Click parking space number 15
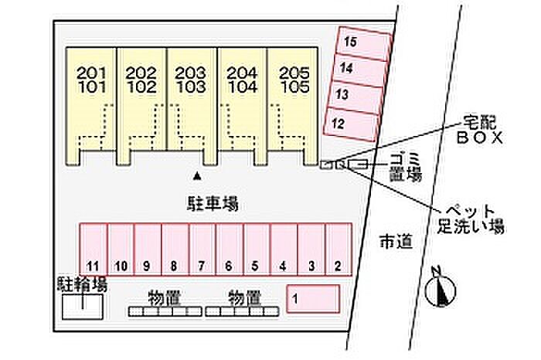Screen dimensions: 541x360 pos(364,44)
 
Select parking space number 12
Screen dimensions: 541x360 pos(351,124)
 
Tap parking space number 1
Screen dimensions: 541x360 pos(313,299)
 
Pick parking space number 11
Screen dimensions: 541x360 pos(94,250)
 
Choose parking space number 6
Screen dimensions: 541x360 pos(230,250)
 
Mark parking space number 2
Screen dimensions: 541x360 pos(339,250)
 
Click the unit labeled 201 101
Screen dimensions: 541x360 pos(91,106)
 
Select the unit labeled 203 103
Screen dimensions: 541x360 pos(191,106)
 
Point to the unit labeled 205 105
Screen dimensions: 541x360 pos(293,106)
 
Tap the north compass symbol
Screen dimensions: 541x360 pos(441,289)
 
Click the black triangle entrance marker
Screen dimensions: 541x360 pos(197,177)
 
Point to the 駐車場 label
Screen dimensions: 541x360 pos(213,204)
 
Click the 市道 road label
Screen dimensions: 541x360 pos(396,241)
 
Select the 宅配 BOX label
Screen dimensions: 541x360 pos(480,130)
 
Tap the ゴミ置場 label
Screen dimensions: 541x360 pos(406,167)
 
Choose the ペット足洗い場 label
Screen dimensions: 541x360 pos(471,219)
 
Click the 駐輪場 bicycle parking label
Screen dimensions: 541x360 pos(82,284)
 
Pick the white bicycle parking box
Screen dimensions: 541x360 pos(83,307)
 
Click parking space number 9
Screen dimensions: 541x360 pos(148,250)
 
